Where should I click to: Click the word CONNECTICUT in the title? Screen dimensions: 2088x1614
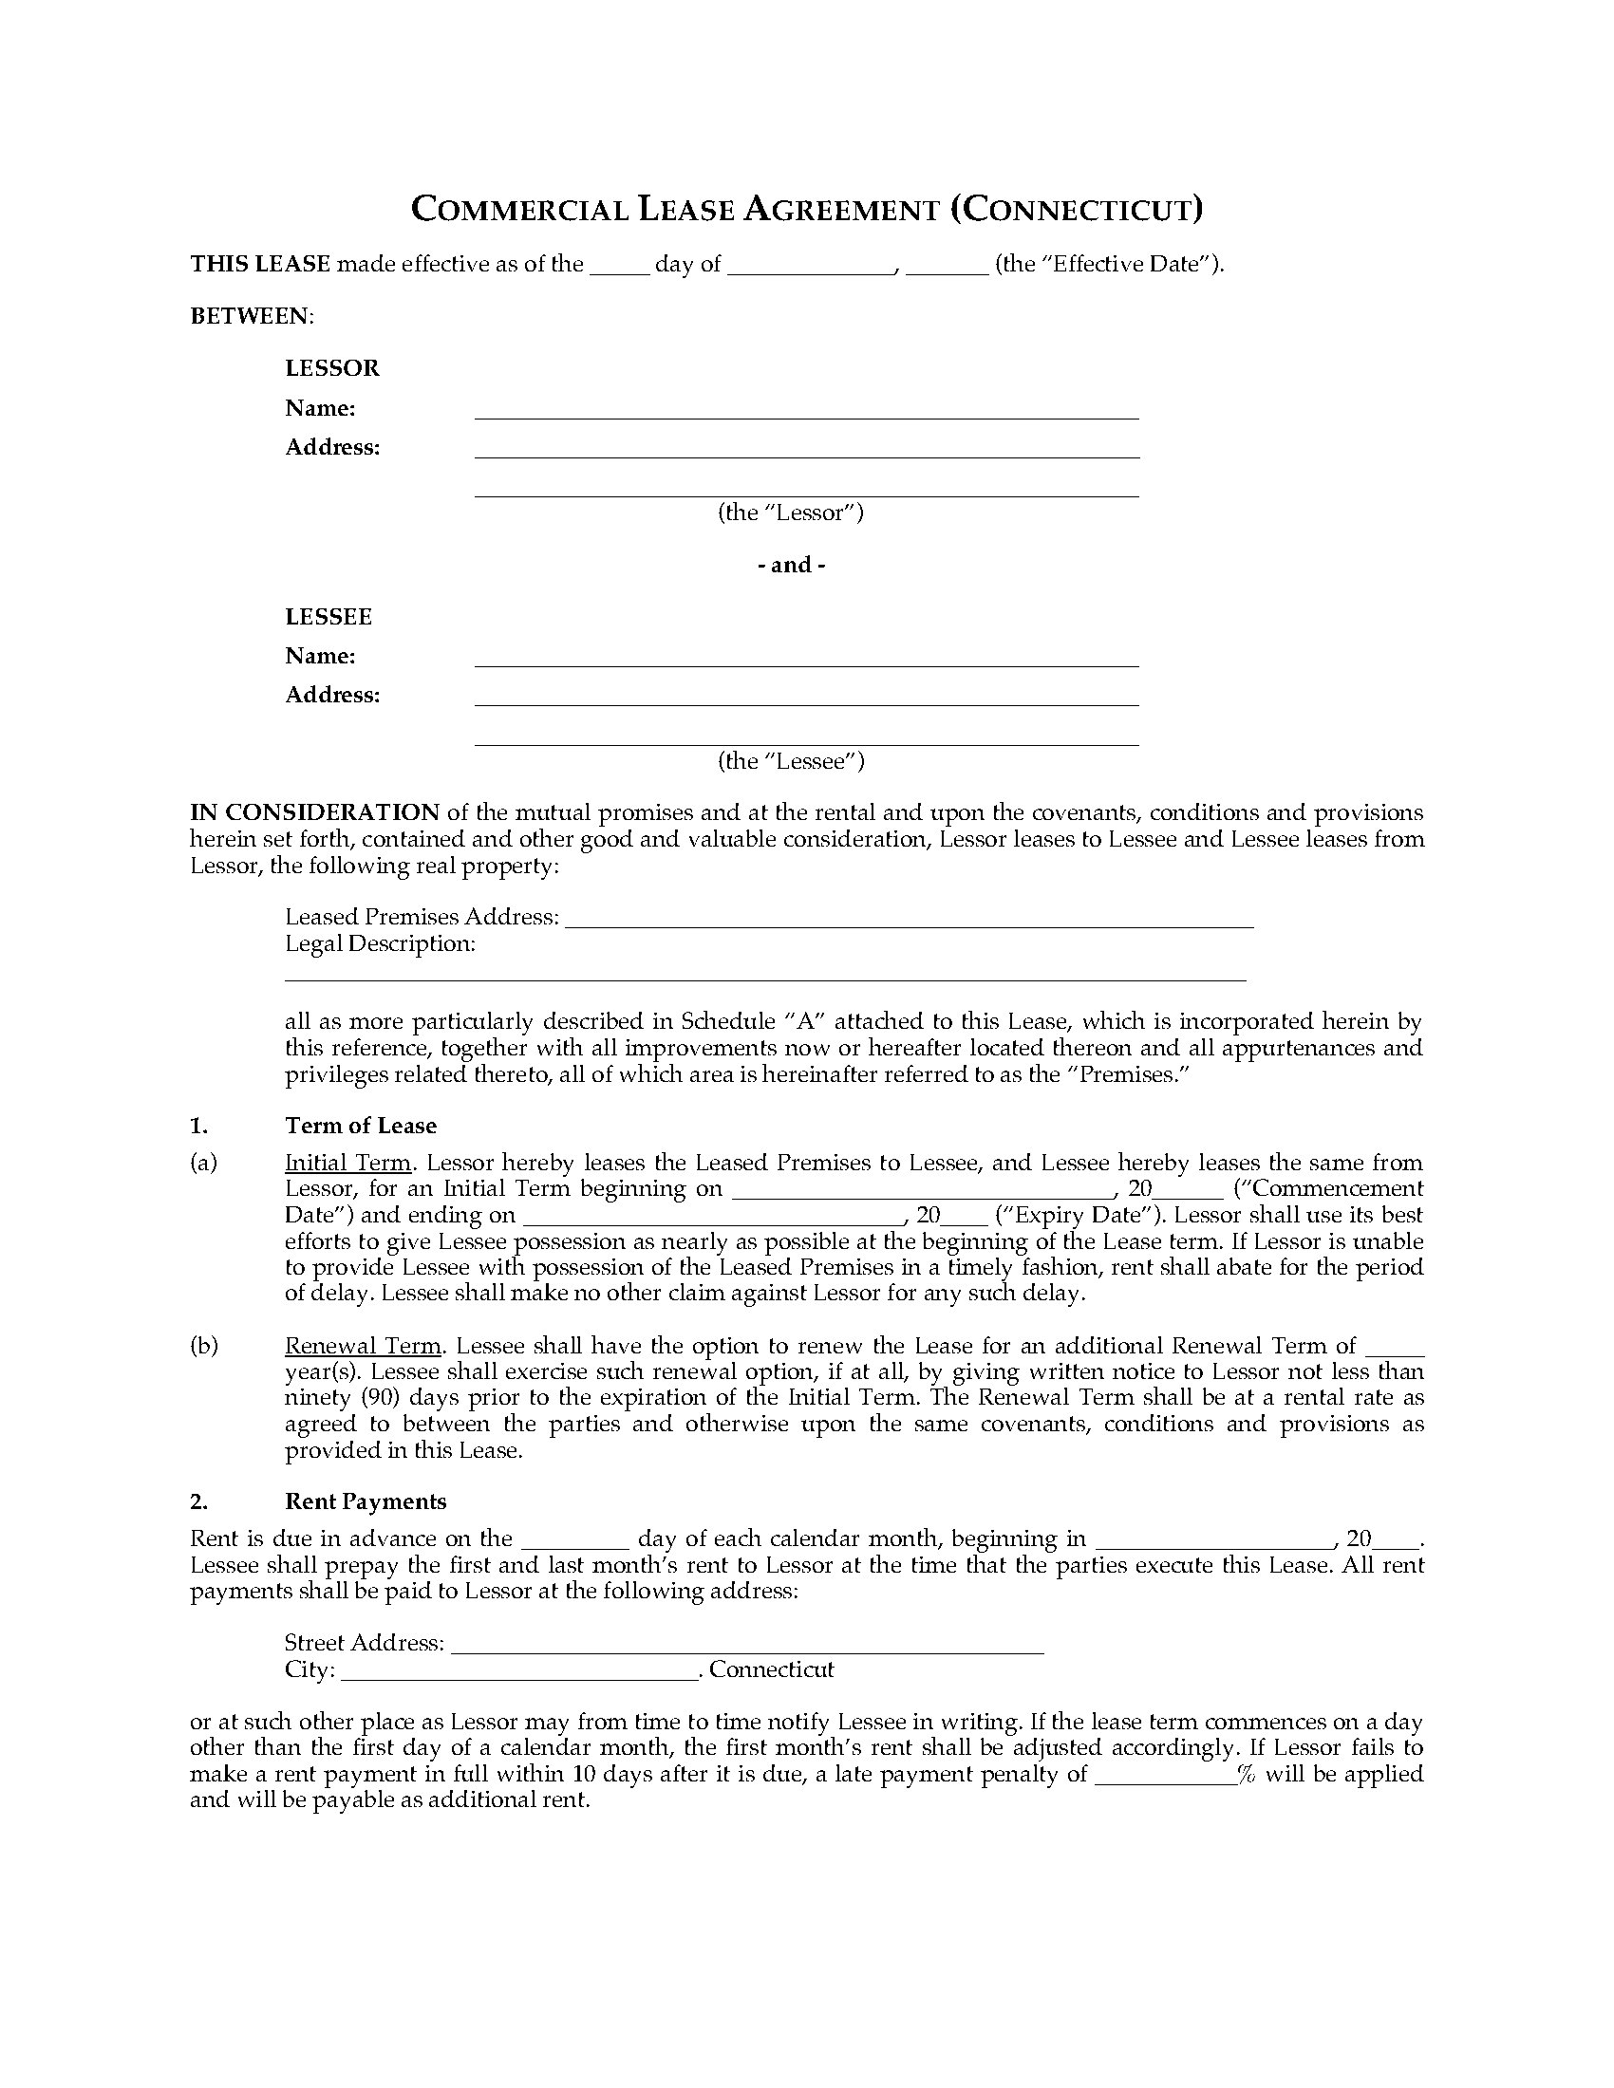1076,210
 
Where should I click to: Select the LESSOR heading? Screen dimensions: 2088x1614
331,368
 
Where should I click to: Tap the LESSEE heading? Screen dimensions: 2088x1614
328,617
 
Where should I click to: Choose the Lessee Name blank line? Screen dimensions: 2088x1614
806,662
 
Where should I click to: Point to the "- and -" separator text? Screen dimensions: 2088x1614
791,565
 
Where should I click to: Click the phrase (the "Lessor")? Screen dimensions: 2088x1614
791,513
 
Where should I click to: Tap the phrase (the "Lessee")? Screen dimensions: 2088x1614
791,761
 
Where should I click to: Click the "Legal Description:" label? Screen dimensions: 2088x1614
380,943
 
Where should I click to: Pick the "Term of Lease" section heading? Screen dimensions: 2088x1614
361,1126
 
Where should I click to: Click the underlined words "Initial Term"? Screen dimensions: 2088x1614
348,1163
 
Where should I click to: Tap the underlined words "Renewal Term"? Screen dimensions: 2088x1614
364,1346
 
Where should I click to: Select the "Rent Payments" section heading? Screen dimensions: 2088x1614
366,1501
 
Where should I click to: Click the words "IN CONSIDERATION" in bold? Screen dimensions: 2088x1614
314,812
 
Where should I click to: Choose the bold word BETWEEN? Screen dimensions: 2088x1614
251,316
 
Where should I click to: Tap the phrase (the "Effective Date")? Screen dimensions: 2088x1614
1109,265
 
